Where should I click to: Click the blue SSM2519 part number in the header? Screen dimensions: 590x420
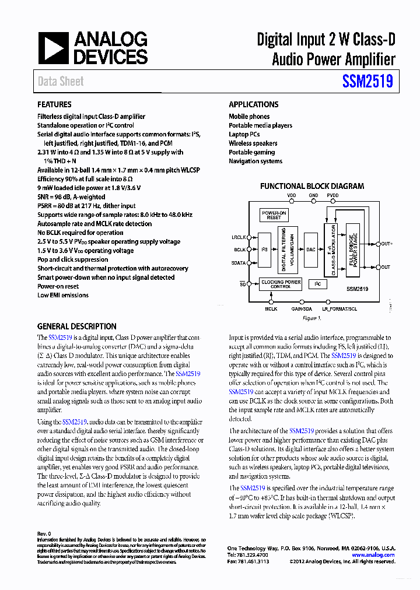tap(365, 82)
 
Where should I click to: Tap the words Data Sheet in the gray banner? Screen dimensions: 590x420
tap(61, 82)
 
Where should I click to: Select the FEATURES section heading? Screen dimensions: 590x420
tap(54, 105)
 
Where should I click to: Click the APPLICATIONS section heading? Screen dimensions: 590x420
tap(253, 105)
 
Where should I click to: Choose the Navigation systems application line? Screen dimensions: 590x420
tap(255, 161)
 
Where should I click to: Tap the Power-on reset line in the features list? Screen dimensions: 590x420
tap(58, 286)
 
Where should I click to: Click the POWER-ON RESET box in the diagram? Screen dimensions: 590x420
tap(274, 215)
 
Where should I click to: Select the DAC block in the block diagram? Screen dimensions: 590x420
tap(310, 250)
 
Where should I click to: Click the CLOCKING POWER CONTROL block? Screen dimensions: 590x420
tap(281, 284)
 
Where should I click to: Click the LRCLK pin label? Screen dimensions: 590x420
tap(239, 237)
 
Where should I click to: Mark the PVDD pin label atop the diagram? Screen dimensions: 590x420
tap(332, 195)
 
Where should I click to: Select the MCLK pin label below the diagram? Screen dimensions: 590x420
tap(271, 308)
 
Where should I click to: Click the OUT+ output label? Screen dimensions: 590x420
tap(387, 244)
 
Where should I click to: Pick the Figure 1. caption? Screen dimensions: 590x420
tap(311, 318)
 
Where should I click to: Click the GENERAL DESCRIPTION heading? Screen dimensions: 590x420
tap(76, 326)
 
